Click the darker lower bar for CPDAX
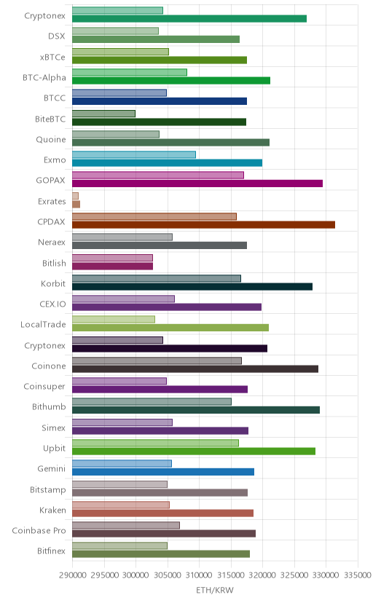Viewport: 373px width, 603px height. pyautogui.click(x=203, y=224)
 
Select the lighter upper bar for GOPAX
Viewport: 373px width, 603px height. pyautogui.click(x=158, y=175)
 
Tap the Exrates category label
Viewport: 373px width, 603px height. pyautogui.click(x=52, y=202)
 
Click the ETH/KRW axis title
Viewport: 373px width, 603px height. pyautogui.click(x=215, y=591)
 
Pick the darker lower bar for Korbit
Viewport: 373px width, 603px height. pyautogui.click(x=192, y=286)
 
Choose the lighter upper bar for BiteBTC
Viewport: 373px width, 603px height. pyautogui.click(x=104, y=114)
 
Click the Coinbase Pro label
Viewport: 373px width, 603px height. pyautogui.click(x=39, y=531)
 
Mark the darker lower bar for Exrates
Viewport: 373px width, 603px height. pyautogui.click(x=76, y=204)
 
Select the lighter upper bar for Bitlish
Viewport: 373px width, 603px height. pyautogui.click(x=112, y=258)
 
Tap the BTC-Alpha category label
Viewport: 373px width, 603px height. pyautogui.click(x=44, y=78)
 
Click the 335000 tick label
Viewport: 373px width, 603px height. pyautogui.click(x=358, y=575)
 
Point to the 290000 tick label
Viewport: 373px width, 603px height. pyautogui.click(x=72, y=575)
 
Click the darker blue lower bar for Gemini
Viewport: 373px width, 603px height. pyautogui.click(x=163, y=472)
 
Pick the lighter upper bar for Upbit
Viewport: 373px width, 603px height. pyautogui.click(x=155, y=443)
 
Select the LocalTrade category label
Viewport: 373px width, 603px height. pyautogui.click(x=43, y=325)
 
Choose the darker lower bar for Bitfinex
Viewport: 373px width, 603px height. pyautogui.click(x=161, y=553)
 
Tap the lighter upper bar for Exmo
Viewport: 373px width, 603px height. pyautogui.click(x=134, y=154)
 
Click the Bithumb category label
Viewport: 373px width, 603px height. pyautogui.click(x=49, y=407)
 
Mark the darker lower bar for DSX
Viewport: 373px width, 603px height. pyautogui.click(x=156, y=39)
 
